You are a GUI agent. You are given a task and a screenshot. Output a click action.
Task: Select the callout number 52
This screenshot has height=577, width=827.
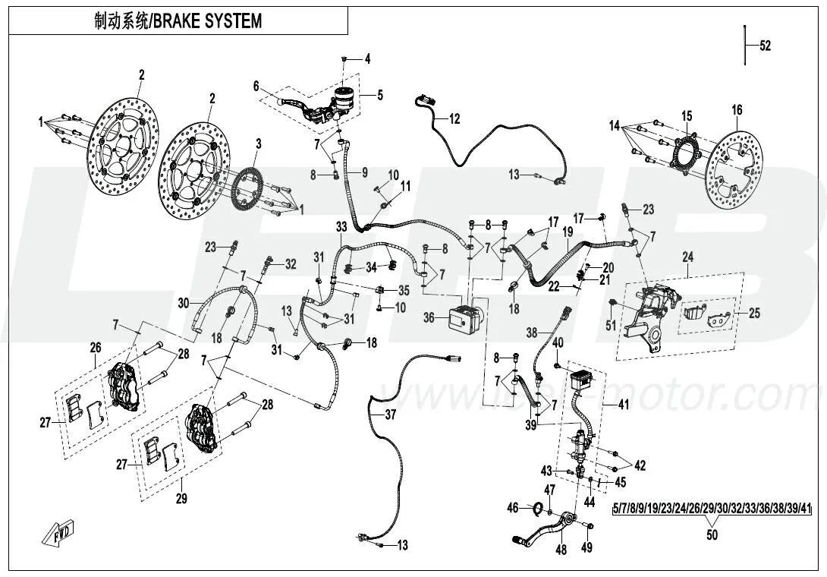tap(765, 46)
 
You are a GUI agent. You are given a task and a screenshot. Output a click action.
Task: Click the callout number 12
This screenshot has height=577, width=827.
tap(454, 118)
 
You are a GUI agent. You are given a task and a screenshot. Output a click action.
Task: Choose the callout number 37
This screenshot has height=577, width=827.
tap(390, 415)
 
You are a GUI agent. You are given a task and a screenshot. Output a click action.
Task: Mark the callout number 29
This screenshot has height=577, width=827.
tap(181, 499)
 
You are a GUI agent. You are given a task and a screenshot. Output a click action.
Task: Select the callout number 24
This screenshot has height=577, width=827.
tap(687, 257)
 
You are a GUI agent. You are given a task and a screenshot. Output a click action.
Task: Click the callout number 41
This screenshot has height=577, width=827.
tap(623, 405)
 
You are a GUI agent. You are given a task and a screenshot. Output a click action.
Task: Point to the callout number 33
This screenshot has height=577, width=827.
tap(341, 227)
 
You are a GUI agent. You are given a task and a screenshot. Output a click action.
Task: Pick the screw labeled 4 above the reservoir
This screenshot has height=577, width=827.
tap(344, 58)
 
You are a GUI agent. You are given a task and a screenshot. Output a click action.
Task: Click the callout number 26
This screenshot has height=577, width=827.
tap(95, 348)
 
